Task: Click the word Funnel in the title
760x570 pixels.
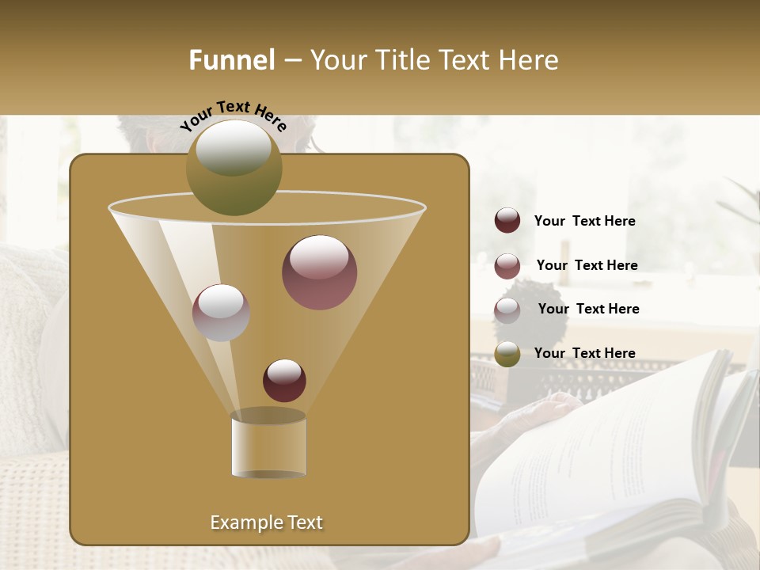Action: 231,60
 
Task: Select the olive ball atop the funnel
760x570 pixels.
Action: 234,168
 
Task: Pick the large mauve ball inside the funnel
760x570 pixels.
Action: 319,272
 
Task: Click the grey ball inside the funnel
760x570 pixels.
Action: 221,313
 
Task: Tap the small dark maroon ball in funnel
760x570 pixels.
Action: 284,381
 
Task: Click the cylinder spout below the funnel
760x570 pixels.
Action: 268,445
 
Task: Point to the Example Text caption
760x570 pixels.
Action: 266,522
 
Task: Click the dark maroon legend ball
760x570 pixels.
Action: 507,221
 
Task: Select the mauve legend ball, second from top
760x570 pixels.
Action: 507,265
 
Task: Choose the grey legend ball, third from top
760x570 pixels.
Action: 507,310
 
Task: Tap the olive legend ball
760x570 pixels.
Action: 507,354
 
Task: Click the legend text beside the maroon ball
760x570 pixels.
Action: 584,222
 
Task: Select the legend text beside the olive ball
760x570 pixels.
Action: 584,353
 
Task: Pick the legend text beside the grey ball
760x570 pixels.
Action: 588,309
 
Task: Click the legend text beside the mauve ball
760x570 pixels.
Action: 587,265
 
